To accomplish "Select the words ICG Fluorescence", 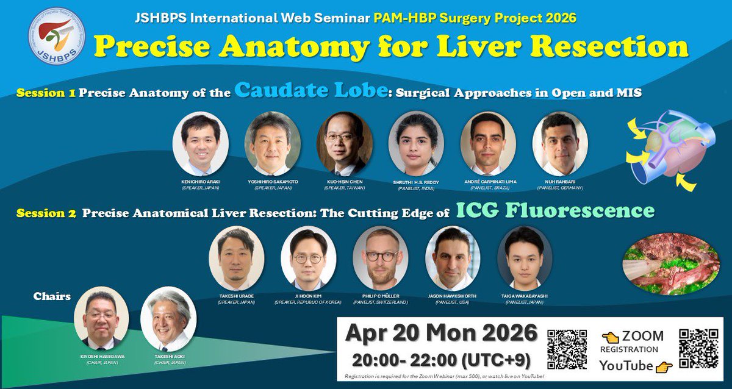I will point(555,211).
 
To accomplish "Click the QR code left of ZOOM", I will point(567,350).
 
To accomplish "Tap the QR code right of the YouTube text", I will point(698,350).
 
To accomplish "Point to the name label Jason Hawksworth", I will point(453,296).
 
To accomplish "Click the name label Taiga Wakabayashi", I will point(525,296).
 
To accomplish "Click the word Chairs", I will point(52,297).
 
